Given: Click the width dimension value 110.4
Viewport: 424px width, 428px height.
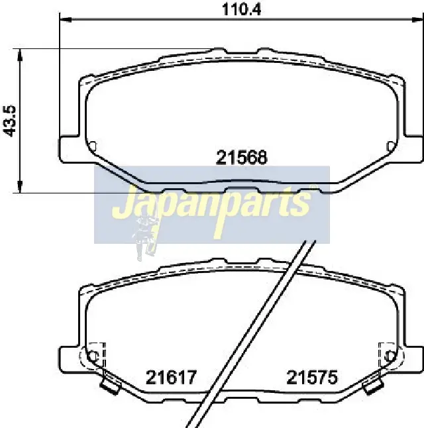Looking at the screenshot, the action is [242, 9].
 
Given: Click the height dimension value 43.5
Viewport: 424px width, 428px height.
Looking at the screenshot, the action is [10, 121].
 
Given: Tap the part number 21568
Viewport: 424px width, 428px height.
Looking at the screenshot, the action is [241, 158].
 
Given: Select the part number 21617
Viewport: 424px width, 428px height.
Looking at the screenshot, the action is [171, 378].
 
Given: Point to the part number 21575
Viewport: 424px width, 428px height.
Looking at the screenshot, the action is [312, 378].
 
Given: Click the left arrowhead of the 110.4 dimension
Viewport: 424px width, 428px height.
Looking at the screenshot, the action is [66, 19].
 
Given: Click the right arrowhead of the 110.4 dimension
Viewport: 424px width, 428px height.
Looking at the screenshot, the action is [417, 19].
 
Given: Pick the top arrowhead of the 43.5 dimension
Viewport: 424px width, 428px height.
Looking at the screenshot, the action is [19, 56].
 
